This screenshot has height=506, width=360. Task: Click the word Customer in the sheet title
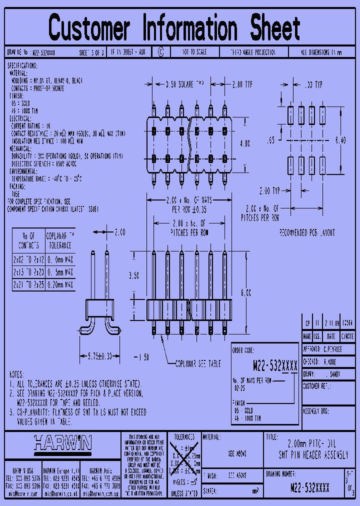coord(89,28)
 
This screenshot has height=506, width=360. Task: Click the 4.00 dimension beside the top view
coord(245,143)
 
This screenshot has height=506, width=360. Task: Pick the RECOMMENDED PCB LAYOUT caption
coord(306,232)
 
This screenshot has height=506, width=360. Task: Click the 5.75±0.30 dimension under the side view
coord(99,355)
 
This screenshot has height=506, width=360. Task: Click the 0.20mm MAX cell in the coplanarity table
coord(60,284)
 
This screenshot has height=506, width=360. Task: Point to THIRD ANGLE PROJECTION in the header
coord(252,51)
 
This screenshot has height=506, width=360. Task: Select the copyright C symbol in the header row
coord(160,51)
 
